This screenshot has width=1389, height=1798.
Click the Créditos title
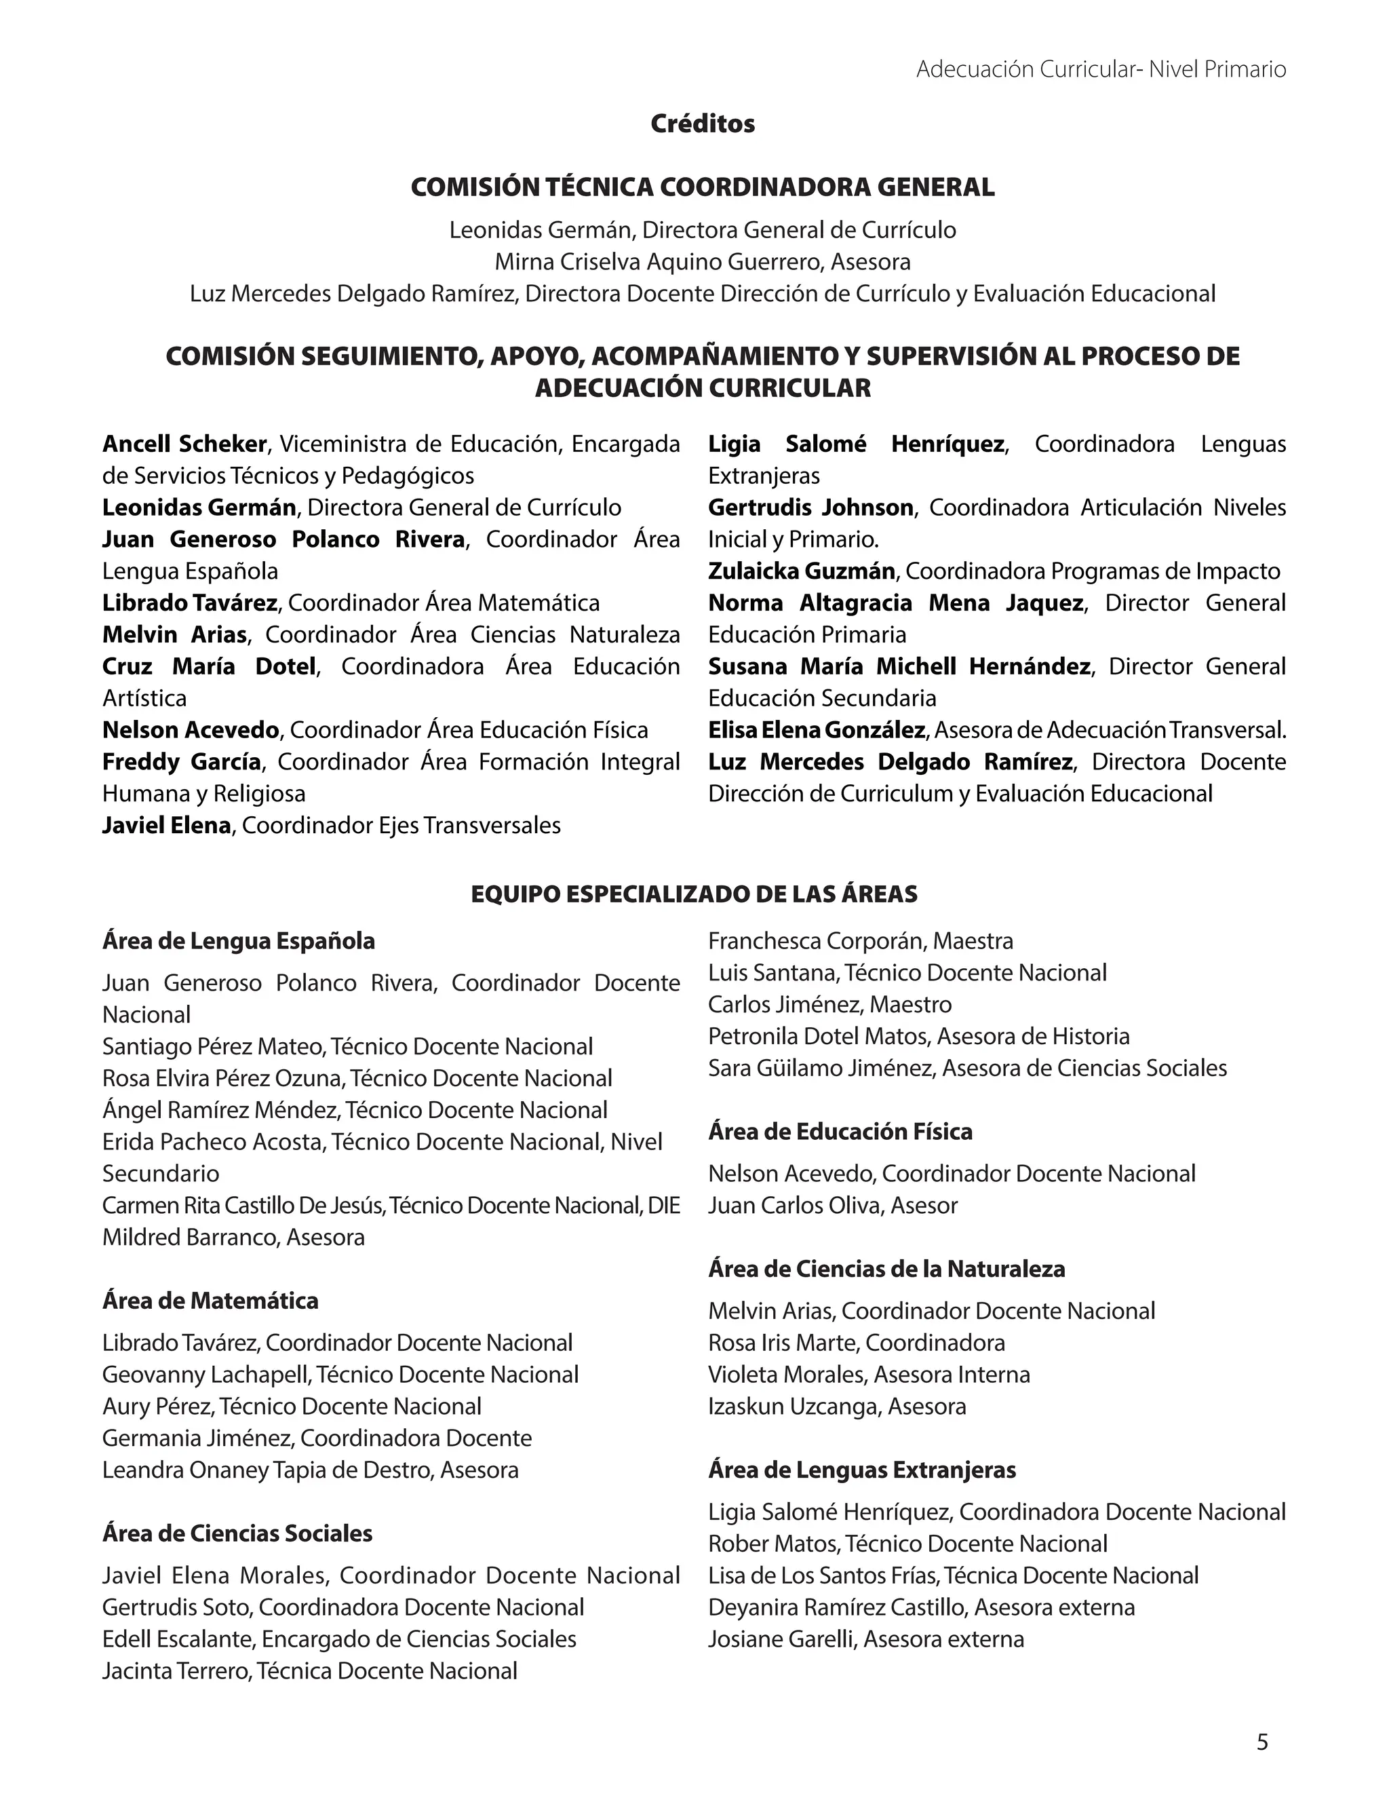702,123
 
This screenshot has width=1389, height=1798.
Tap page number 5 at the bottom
1262,1743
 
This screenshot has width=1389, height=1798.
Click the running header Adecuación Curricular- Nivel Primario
1100,69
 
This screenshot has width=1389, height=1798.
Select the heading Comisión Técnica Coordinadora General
702,188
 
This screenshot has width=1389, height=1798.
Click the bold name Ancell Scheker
184,444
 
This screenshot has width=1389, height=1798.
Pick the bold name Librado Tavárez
189,603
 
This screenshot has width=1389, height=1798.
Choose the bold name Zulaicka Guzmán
801,571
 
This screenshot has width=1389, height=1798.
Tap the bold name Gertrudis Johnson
810,508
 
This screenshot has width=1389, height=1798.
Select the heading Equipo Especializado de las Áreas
694,894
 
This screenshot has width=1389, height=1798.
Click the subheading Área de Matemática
210,1301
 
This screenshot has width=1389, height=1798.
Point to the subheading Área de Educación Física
840,1132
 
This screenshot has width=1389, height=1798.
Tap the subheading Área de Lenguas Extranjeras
861,1470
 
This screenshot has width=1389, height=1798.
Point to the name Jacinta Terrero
175,1671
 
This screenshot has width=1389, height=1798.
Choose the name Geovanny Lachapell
206,1375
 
